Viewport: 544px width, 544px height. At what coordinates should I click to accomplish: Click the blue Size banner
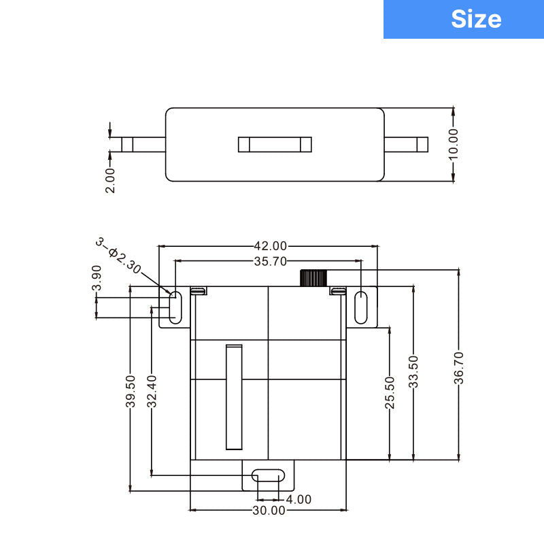(463, 19)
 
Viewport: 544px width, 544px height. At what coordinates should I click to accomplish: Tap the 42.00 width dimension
(270, 246)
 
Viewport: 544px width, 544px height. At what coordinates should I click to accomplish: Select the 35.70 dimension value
(270, 261)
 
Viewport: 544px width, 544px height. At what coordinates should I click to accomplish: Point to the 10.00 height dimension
(454, 144)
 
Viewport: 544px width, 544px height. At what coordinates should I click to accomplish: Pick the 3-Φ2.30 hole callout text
(118, 256)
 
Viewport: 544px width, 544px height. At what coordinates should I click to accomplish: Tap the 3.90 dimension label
(97, 277)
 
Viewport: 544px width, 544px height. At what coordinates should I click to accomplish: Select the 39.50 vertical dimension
(131, 392)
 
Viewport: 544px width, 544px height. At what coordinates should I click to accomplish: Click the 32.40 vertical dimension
(152, 392)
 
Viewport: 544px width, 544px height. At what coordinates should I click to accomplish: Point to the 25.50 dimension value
(390, 393)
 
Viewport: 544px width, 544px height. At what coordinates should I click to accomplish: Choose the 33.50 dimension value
(413, 372)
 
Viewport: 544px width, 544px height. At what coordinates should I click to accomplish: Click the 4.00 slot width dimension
(299, 499)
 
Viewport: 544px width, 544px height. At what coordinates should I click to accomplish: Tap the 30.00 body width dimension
(269, 510)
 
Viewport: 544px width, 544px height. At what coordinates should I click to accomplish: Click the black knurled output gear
(313, 277)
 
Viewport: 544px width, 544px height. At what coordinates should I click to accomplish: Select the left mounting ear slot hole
(175, 307)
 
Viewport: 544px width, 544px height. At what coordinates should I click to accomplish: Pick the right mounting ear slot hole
(362, 307)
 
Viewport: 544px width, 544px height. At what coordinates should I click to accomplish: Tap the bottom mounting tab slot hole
(269, 475)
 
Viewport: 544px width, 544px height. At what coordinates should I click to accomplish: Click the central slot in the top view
(275, 144)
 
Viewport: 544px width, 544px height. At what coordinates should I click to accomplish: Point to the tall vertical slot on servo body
(234, 397)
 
